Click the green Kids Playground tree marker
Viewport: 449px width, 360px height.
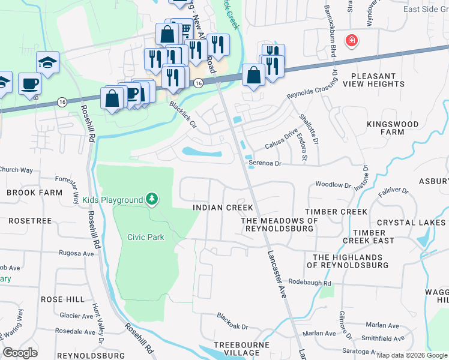(x=152, y=199)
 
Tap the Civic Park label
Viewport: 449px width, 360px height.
(x=146, y=237)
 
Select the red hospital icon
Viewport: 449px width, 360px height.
(x=351, y=41)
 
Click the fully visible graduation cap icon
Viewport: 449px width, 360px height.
(x=47, y=62)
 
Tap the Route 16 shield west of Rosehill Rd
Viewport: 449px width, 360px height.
(x=62, y=103)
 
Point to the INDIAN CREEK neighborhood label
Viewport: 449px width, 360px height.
(x=222, y=208)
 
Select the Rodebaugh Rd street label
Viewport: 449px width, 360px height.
(x=310, y=283)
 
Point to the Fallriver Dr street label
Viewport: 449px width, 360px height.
(x=393, y=192)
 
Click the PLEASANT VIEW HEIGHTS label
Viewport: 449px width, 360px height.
(x=377, y=80)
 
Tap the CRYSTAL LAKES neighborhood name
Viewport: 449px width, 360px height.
(x=412, y=222)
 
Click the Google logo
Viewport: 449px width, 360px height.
(x=20, y=353)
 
